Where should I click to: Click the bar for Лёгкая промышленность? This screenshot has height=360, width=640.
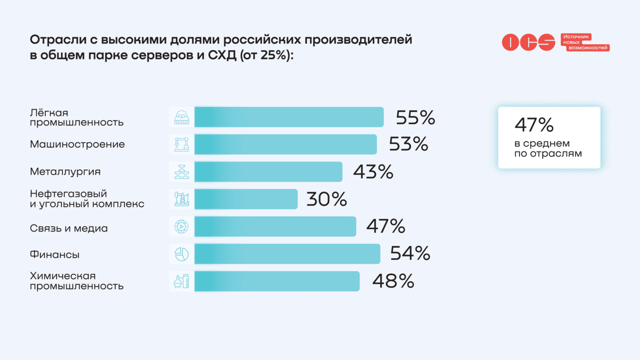(x=288, y=117)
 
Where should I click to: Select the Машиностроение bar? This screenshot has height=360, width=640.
(x=285, y=144)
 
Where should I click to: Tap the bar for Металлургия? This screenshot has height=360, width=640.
(x=268, y=172)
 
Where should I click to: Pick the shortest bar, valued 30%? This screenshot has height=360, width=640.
(x=245, y=199)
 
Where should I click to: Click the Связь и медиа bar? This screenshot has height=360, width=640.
(x=275, y=226)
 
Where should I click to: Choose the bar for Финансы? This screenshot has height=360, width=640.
(x=287, y=254)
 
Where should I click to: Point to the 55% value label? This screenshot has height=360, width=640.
(x=415, y=118)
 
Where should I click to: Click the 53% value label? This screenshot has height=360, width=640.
(x=408, y=144)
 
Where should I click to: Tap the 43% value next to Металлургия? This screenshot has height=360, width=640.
(x=373, y=172)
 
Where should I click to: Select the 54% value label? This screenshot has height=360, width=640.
(x=410, y=254)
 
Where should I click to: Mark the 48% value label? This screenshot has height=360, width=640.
(x=393, y=281)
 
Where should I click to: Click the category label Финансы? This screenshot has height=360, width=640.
(x=54, y=254)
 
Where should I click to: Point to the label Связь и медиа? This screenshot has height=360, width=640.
(x=68, y=228)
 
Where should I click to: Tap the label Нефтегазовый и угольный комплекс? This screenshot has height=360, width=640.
(x=87, y=199)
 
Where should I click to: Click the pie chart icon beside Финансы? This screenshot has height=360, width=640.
(x=181, y=254)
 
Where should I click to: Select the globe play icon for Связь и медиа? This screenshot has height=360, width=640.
(x=181, y=226)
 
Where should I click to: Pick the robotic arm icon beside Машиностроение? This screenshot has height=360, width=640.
(x=181, y=144)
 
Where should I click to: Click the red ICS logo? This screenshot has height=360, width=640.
(x=528, y=42)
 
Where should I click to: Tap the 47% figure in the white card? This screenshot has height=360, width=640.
(x=533, y=125)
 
